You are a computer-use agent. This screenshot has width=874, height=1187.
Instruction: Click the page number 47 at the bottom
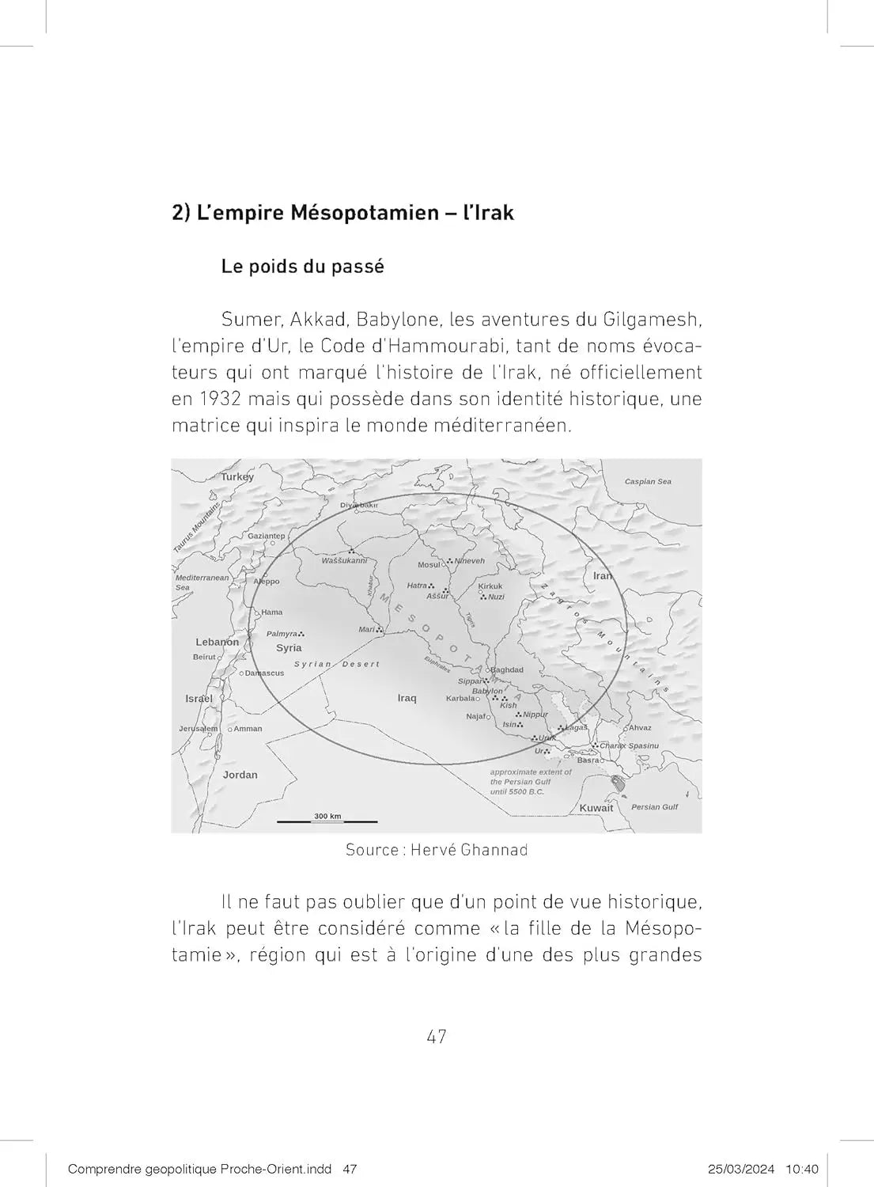point(437,1037)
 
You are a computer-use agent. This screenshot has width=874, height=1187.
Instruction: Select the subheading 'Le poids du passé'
point(302,267)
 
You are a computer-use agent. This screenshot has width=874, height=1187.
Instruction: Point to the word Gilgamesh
point(653,320)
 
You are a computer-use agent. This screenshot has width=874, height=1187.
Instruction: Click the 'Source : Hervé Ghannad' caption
point(436,850)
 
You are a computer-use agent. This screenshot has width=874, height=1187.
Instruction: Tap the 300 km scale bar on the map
point(327,821)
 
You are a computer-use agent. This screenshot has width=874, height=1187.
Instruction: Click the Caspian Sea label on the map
point(648,481)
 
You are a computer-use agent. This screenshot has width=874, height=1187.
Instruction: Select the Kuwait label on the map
point(596,808)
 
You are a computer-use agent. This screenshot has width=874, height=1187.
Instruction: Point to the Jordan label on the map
point(240,775)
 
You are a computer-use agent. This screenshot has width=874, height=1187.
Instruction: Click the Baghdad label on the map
point(507,669)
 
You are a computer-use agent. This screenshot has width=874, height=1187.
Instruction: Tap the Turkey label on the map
point(237,476)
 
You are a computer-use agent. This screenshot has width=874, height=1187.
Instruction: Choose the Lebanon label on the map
point(217,642)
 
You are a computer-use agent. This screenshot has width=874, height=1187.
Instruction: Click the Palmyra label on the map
point(282,634)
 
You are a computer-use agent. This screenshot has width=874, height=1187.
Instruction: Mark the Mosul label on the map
point(429,565)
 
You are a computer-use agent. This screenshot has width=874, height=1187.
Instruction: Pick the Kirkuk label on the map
point(490,586)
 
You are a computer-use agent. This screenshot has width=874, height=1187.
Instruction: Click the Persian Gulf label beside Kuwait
point(654,807)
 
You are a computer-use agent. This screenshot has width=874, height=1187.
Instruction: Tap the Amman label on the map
point(248,729)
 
